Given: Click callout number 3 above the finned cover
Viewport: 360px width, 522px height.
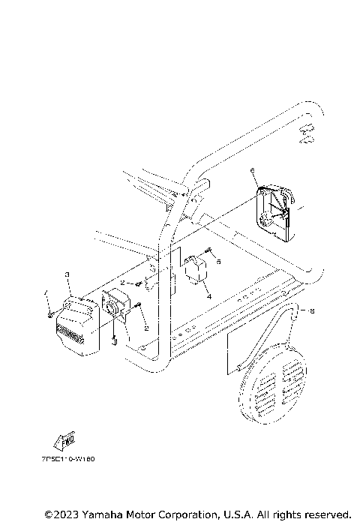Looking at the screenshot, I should [x=67, y=275].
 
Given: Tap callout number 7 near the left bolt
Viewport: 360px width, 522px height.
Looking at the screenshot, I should [x=45, y=292].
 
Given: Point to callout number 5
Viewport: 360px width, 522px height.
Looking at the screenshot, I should [x=218, y=262].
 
